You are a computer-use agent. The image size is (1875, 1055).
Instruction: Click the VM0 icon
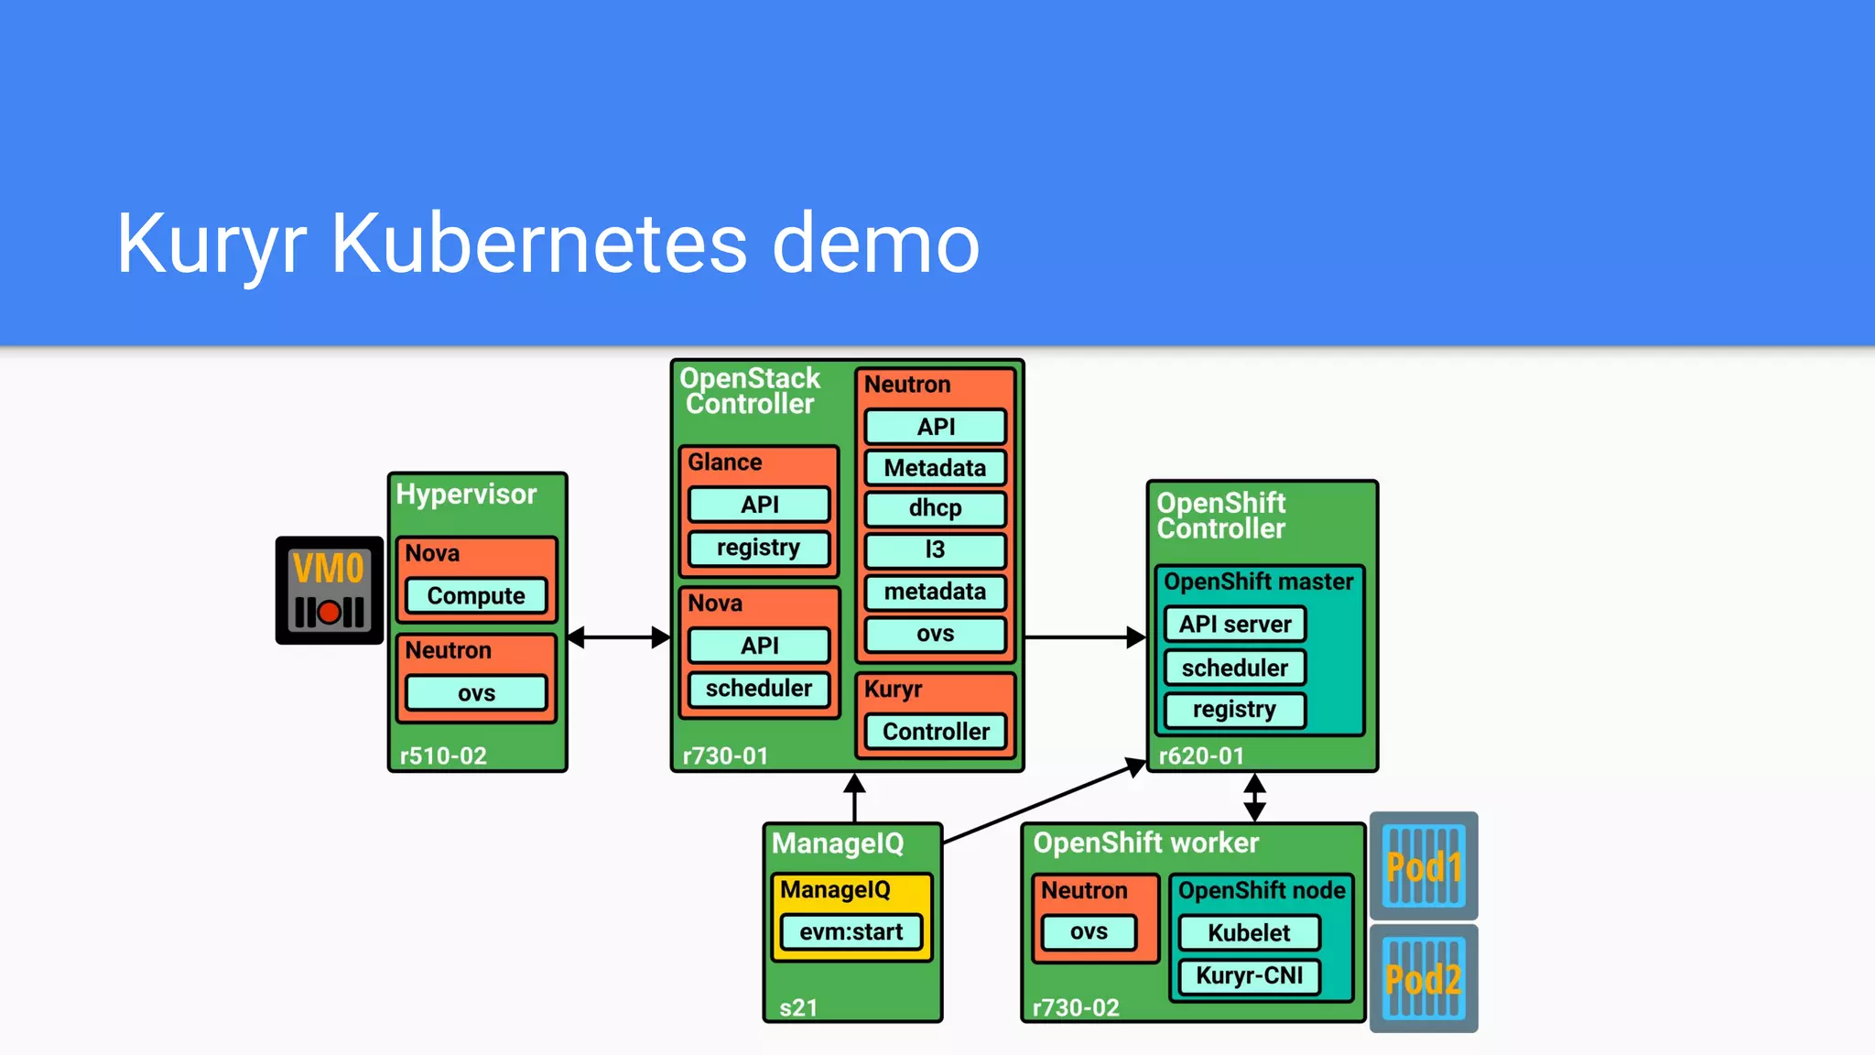329,591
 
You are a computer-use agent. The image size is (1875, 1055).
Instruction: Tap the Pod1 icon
1424,865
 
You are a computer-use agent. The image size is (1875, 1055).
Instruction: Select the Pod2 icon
1424,978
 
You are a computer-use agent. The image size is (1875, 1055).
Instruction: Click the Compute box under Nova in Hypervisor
476,595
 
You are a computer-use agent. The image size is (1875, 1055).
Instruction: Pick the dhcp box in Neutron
935,508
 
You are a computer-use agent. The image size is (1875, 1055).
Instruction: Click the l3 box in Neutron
935,549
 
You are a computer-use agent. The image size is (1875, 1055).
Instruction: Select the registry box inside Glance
759,548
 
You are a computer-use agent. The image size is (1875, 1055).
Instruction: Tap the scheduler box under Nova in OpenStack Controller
759,689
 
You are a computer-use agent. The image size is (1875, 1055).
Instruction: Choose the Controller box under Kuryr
935,731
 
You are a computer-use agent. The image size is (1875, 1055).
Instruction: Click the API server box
1234,625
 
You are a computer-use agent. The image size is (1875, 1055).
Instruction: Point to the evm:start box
851,932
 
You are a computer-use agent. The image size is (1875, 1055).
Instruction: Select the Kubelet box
1249,932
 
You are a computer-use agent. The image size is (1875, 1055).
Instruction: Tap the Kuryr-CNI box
1249,975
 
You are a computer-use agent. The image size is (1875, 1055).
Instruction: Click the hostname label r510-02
443,756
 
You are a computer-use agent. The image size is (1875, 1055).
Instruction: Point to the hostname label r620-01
1201,756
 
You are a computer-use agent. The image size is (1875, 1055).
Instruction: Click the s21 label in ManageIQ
797,1007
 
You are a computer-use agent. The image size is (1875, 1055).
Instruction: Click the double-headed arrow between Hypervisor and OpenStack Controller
619,637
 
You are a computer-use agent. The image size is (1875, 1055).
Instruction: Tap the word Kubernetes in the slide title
539,244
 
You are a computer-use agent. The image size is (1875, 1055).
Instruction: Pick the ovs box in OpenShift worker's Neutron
1089,932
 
